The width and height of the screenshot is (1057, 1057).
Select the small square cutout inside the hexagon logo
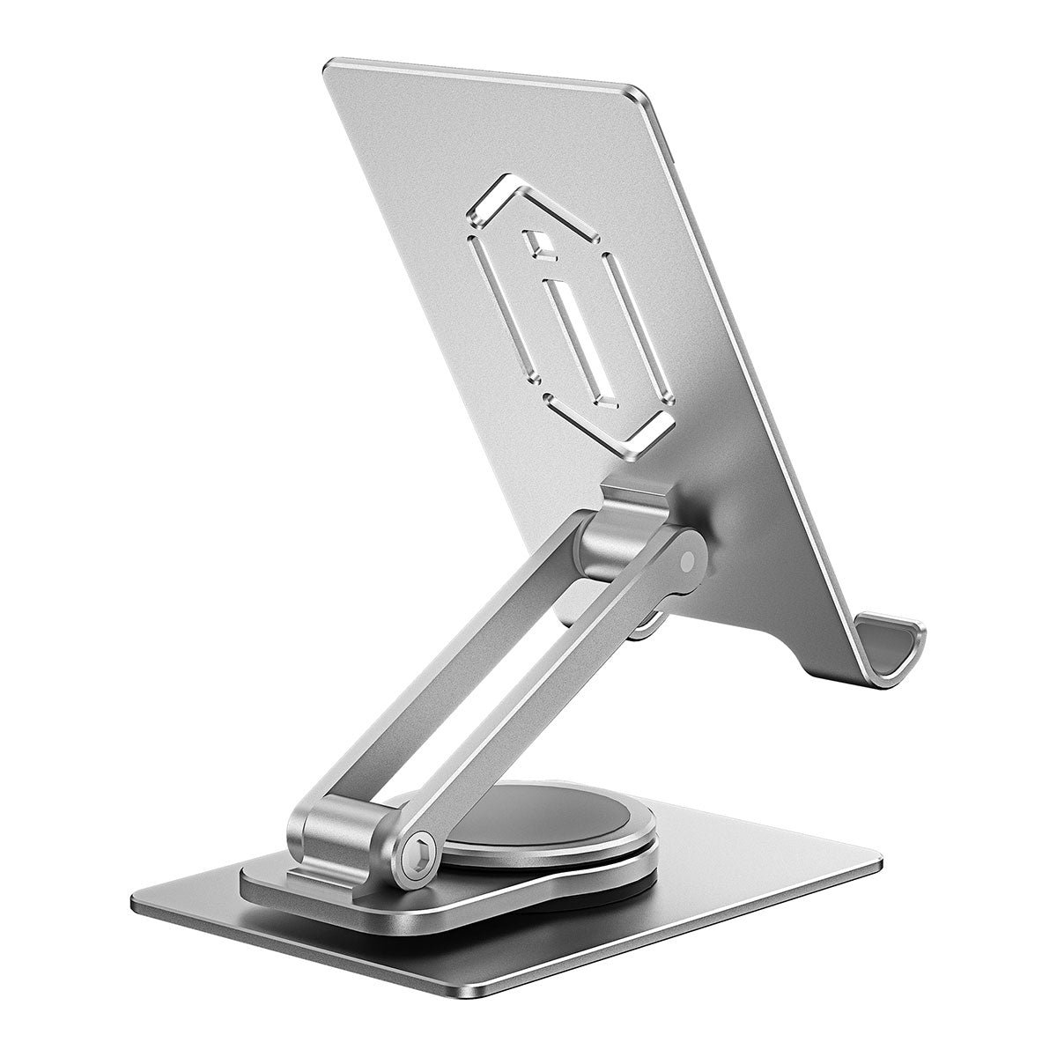coord(536,248)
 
